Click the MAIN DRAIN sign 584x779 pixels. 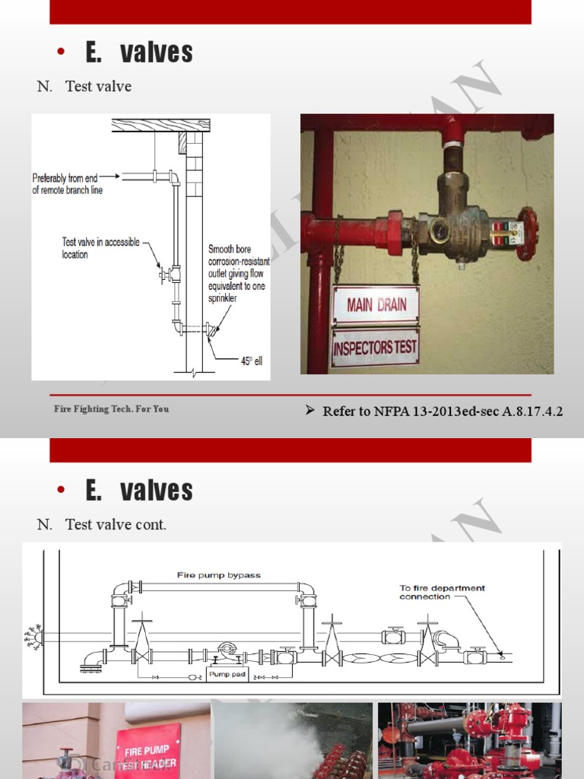click(x=376, y=306)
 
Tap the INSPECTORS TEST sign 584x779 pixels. click(x=375, y=348)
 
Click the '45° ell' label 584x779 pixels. click(x=251, y=361)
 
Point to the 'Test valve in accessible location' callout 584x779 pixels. click(x=100, y=248)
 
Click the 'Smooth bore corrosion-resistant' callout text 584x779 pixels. click(x=238, y=274)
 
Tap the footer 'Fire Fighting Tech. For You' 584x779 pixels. click(x=111, y=409)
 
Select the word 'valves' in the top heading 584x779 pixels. click(x=157, y=52)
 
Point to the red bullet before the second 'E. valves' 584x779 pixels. click(x=62, y=491)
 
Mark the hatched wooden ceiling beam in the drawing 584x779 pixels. click(x=160, y=125)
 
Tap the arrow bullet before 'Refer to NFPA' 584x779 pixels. click(x=309, y=411)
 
